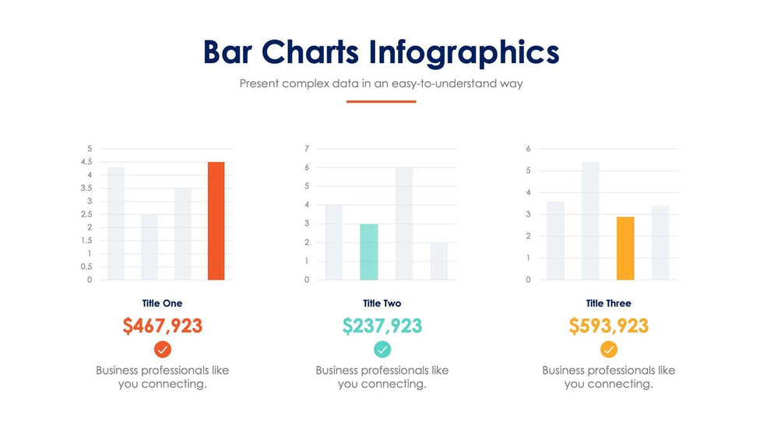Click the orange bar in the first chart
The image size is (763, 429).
point(216,221)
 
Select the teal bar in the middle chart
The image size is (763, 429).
point(369,251)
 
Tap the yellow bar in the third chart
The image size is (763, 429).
point(625,248)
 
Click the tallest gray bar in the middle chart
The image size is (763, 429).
point(404,223)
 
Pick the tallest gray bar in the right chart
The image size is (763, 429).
point(590,221)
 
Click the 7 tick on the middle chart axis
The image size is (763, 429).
point(307,149)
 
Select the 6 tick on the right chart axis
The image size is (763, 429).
point(529,149)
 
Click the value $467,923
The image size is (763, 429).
point(162,325)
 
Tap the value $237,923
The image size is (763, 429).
point(382,325)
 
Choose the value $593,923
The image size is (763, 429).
point(608,325)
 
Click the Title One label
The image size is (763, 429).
point(162,303)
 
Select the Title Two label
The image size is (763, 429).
point(382,303)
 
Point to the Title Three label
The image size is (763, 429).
point(608,303)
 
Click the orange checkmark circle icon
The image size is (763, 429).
point(163,349)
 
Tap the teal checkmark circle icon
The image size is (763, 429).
point(382,349)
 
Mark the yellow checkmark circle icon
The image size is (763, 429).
point(609,349)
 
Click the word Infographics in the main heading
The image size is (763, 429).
point(464,53)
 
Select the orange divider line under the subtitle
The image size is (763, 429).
point(381,101)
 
